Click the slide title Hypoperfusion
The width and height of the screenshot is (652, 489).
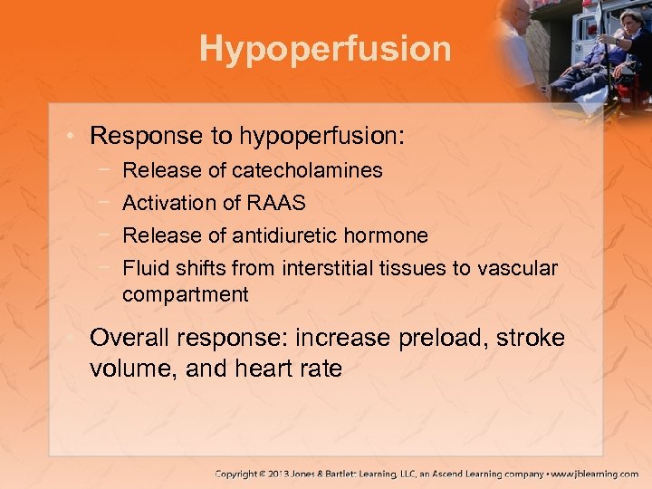[x=325, y=49]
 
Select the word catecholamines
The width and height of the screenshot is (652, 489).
[x=307, y=170]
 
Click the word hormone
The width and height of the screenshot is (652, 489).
[x=391, y=235]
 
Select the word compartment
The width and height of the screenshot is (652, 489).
[x=185, y=294]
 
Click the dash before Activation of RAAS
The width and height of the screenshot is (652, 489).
[x=108, y=203]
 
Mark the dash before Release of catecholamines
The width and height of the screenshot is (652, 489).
[x=108, y=170]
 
